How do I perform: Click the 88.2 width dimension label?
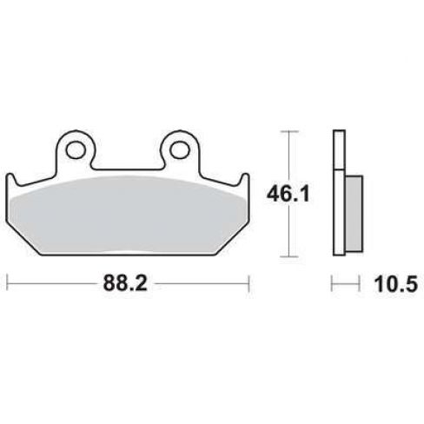tap(125, 283)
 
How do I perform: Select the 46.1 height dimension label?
tap(288, 194)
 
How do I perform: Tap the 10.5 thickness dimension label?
tap(396, 284)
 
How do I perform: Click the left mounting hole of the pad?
tap(76, 149)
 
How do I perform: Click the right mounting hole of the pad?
tap(180, 149)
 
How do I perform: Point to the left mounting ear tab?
tap(76, 150)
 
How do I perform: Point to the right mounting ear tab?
tap(180, 150)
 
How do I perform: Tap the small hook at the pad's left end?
tap(11, 180)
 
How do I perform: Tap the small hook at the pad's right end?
tap(245, 180)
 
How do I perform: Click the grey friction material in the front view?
tap(128, 215)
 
